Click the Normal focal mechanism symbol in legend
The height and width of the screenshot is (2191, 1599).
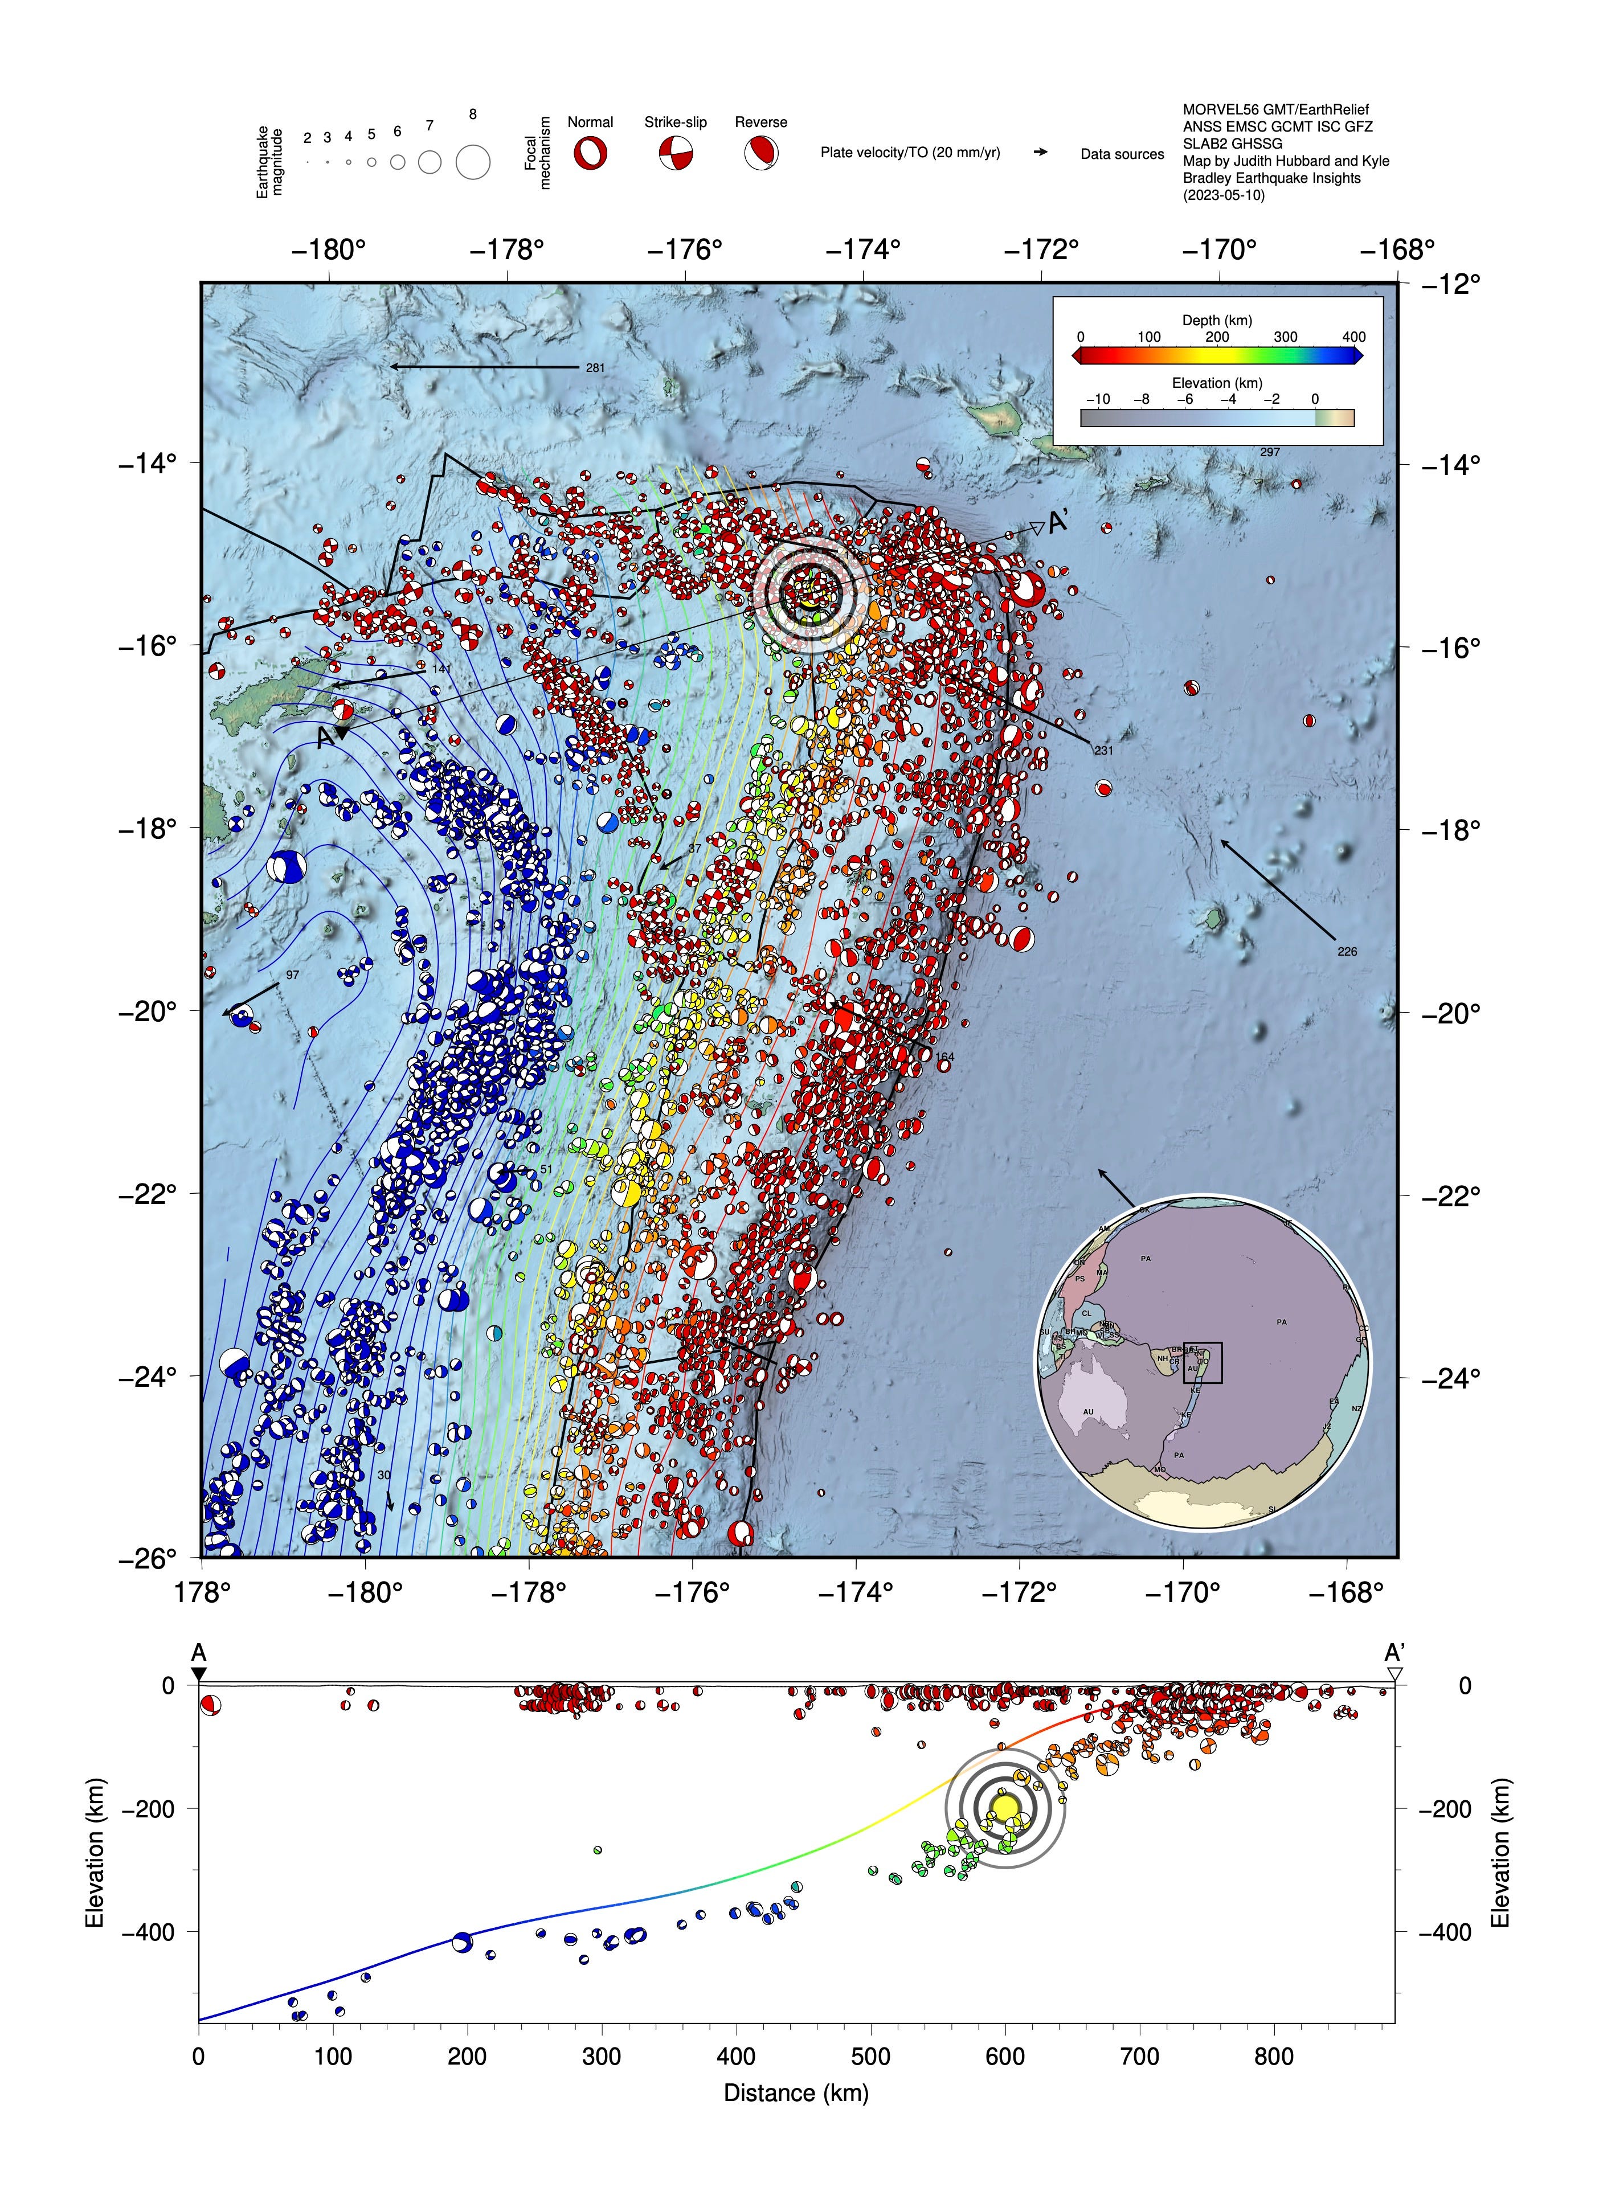(590, 153)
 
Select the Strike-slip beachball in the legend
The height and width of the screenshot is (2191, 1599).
(676, 153)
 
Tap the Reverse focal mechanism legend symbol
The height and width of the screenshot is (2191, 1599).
(761, 153)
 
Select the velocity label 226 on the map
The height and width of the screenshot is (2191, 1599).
(1347, 951)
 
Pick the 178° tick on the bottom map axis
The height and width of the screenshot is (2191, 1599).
(201, 1592)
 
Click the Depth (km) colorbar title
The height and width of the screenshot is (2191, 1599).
(1217, 320)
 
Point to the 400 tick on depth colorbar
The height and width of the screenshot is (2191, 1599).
(1353, 337)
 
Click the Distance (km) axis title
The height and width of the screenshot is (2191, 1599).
(796, 2092)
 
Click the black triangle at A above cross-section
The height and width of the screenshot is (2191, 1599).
(198, 1674)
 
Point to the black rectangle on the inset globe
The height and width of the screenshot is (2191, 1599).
(1202, 1362)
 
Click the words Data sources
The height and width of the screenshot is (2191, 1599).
(1122, 154)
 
